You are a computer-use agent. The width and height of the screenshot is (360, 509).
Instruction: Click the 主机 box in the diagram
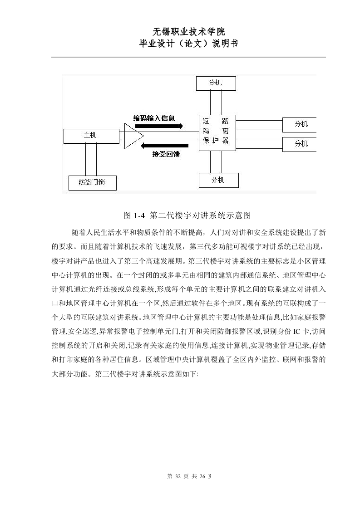91,136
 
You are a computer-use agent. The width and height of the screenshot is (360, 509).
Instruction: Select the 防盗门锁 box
92,183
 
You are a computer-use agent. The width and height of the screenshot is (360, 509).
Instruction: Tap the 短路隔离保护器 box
217,132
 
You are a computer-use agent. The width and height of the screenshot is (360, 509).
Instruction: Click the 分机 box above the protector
216,83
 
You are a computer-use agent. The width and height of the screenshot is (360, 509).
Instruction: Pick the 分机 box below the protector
219,180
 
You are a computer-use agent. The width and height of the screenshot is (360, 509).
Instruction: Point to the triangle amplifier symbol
133,136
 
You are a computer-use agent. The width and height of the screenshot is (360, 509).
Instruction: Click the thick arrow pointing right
159,126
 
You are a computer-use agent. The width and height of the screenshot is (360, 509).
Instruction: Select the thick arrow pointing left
164,146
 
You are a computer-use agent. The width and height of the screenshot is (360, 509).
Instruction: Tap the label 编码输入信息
154,118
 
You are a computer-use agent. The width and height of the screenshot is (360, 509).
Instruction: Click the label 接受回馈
166,154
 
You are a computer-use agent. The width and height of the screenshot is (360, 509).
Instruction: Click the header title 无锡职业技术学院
188,31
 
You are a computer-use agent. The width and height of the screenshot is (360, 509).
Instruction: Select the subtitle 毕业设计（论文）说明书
188,44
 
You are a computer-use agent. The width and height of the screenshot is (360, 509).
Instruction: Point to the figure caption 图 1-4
134,215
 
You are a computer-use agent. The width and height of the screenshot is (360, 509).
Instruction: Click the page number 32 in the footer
178,476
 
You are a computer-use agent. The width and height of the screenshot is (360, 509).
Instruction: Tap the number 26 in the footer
202,476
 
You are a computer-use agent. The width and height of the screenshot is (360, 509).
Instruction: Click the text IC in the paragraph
296,331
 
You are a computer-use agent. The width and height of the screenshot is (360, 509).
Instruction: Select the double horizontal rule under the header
188,58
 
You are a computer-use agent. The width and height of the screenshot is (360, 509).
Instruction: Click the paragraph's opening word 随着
78,233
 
